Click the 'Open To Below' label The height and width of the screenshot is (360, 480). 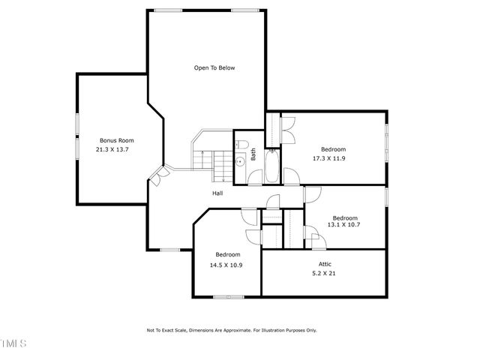pos(214,68)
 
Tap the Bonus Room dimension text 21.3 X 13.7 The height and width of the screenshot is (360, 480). pos(113,150)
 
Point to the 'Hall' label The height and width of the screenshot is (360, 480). pos(217,193)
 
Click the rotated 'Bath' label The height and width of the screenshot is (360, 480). pos(253,154)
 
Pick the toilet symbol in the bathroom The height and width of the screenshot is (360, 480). pos(241,145)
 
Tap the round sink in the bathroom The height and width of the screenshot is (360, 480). pos(240,160)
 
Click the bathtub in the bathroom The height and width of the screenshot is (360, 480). pos(271,166)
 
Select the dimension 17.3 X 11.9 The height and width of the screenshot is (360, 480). pos(334,159)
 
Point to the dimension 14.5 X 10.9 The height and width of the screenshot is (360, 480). pos(226,265)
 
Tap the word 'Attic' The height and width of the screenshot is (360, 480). pos(325,264)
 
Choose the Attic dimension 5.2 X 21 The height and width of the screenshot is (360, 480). pos(325,274)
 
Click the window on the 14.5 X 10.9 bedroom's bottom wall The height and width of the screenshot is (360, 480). pos(228,297)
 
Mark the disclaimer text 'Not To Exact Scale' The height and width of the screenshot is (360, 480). pos(173,330)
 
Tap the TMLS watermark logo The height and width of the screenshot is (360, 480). pos(13,343)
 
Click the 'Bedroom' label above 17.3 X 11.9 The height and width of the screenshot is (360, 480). pos(334,149)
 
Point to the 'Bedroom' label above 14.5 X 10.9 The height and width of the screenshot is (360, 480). pos(228,254)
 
